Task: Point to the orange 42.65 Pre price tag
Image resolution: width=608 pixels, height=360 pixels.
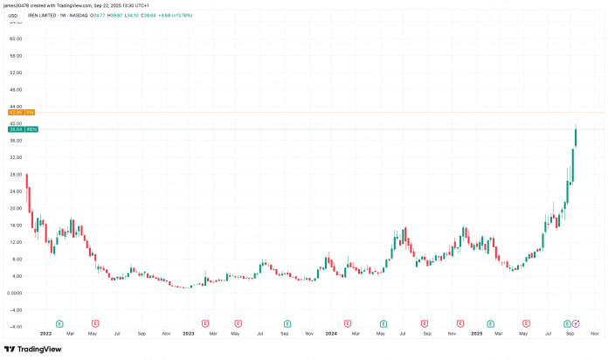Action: click(x=19, y=113)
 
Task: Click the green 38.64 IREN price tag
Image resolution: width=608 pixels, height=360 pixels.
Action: click(x=19, y=129)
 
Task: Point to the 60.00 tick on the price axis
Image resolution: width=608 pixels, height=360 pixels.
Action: click(x=15, y=39)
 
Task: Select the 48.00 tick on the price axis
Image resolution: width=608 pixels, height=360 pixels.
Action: click(x=15, y=89)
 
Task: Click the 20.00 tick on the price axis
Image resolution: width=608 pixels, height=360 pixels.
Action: click(x=15, y=208)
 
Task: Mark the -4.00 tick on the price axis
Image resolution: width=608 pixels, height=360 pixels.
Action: click(x=15, y=309)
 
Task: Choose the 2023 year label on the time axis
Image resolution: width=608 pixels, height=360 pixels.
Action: click(x=188, y=333)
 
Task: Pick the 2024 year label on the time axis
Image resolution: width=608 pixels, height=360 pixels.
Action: click(x=330, y=333)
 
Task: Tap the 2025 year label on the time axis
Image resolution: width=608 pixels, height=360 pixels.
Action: click(x=477, y=333)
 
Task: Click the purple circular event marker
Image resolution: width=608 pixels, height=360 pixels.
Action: click(x=576, y=323)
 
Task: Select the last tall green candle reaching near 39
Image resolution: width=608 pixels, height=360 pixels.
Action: click(x=576, y=138)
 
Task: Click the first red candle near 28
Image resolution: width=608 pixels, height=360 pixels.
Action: click(x=27, y=188)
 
